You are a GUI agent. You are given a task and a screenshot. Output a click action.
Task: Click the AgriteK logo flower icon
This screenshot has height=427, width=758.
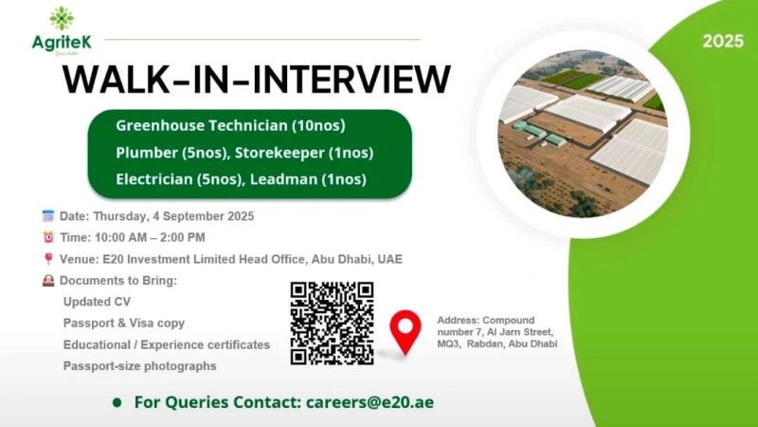click(x=62, y=19)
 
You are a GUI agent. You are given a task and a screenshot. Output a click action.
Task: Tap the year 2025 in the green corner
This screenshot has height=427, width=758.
click(x=723, y=41)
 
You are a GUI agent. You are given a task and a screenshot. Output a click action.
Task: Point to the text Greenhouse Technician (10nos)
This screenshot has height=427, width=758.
click(x=230, y=126)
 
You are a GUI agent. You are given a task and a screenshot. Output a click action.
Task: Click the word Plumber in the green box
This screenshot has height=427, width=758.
click(x=147, y=153)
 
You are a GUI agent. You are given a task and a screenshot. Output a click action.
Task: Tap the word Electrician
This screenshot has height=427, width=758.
click(x=154, y=179)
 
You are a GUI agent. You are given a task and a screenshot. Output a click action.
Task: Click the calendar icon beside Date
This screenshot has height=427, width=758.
click(x=48, y=216)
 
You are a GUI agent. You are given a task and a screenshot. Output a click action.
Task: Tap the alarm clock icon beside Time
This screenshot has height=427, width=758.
click(x=48, y=237)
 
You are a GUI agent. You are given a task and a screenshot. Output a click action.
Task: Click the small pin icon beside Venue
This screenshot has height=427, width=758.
click(x=48, y=259)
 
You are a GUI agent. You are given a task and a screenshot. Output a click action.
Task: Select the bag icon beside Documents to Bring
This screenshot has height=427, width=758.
click(x=48, y=280)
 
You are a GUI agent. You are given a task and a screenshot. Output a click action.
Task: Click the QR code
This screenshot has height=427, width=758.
click(x=333, y=324)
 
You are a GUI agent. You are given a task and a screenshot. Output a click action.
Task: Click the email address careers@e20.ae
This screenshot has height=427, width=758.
click(x=370, y=402)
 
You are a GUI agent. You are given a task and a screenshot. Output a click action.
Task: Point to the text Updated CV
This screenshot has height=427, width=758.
click(x=97, y=302)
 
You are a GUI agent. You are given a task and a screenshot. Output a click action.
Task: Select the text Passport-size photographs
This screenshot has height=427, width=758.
click(x=139, y=366)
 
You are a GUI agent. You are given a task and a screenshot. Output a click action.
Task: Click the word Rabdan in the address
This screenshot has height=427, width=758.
click(x=483, y=343)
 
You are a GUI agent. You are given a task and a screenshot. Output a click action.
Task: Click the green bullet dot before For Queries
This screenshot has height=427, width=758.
click(x=117, y=402)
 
